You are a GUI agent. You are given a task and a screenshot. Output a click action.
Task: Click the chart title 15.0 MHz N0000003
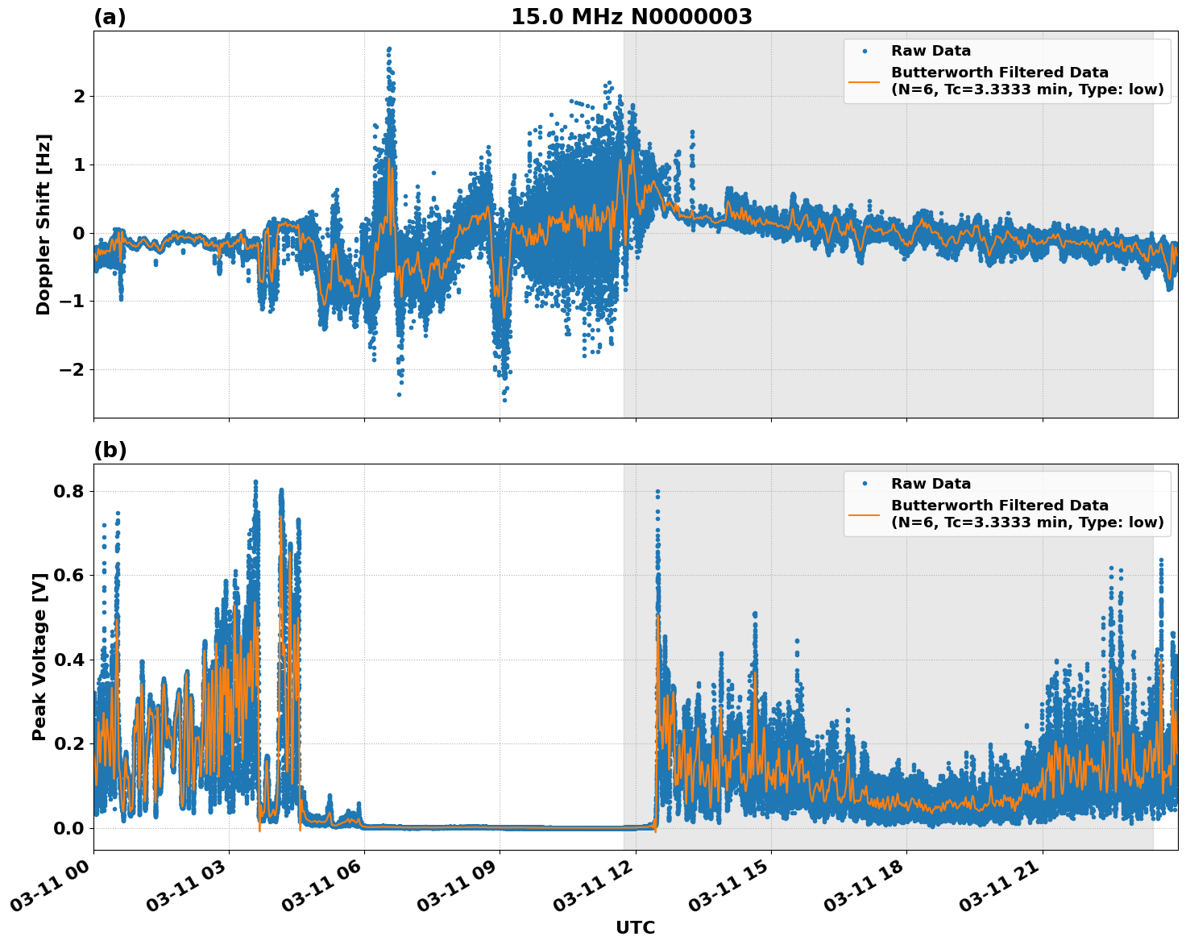[631, 17]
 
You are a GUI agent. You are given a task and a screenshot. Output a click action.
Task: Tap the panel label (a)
[110, 17]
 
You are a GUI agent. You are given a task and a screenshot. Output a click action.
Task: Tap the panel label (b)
[110, 450]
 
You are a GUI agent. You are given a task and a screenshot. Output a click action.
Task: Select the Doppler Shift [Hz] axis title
[44, 224]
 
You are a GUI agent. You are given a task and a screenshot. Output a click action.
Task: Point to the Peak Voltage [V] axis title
[39, 656]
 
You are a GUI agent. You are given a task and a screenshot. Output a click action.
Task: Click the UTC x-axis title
[635, 927]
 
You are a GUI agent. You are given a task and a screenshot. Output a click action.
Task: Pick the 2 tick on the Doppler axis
[79, 97]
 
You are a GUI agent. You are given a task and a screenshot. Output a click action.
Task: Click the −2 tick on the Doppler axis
[73, 370]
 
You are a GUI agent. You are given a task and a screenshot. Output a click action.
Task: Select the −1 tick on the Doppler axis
[73, 302]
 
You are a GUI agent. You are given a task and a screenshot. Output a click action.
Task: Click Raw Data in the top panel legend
[931, 52]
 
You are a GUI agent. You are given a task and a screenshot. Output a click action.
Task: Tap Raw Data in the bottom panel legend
[931, 484]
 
